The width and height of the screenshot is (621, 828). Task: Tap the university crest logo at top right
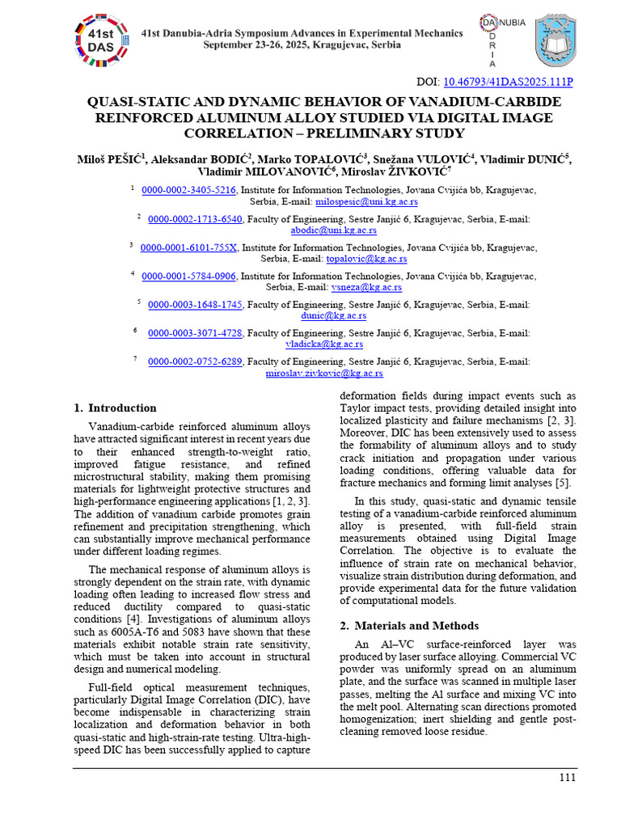pyautogui.click(x=556, y=40)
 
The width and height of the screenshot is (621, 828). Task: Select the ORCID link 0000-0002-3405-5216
pyautogui.click(x=188, y=190)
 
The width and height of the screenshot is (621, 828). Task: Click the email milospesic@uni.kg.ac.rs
pyautogui.click(x=365, y=201)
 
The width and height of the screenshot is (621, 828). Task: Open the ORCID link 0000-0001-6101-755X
pyautogui.click(x=188, y=247)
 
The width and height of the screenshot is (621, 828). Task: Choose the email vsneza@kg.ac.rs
pyautogui.click(x=361, y=287)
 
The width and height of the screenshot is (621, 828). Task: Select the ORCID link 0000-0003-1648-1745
pyautogui.click(x=195, y=305)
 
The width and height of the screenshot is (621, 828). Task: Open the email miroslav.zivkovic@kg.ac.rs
pyautogui.click(x=324, y=374)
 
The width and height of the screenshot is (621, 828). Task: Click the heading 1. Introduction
pyautogui.click(x=115, y=408)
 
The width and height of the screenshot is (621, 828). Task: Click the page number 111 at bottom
pyautogui.click(x=567, y=778)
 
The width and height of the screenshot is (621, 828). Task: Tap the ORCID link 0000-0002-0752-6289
pyautogui.click(x=195, y=361)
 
